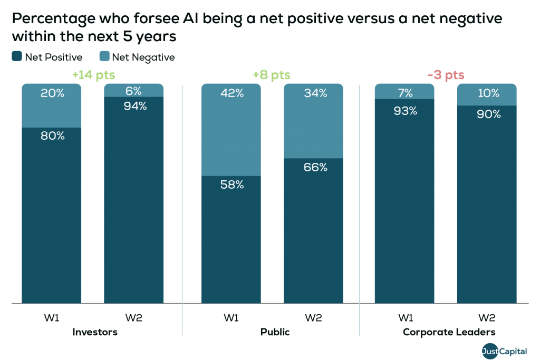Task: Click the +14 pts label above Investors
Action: (93, 75)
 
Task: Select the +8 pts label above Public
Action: (272, 75)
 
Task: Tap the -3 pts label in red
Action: (446, 75)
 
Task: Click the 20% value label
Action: (52, 93)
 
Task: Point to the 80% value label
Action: (52, 135)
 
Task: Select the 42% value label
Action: (232, 93)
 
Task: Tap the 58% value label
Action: (232, 184)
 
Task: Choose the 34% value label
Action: (315, 93)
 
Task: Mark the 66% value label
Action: (315, 167)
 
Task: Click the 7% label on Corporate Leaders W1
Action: (405, 93)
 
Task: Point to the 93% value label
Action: (405, 111)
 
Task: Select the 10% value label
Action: (488, 93)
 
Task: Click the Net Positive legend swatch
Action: (16, 57)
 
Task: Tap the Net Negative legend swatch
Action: (104, 57)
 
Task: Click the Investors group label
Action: (94, 333)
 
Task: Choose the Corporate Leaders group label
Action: (449, 333)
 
